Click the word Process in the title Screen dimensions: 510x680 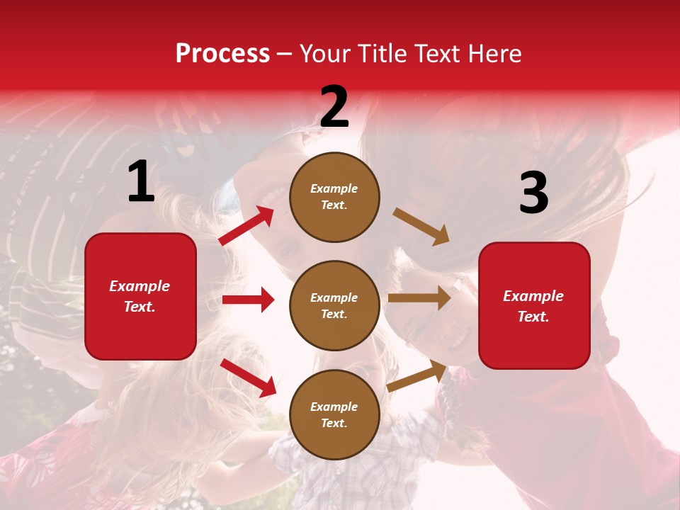222,54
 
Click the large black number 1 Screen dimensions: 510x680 141,182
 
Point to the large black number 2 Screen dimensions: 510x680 334,107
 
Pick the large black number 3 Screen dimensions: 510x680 533,193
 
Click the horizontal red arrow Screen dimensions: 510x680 248,300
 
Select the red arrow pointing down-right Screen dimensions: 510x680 248,377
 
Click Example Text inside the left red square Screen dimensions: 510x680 140,296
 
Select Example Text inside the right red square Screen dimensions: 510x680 533,306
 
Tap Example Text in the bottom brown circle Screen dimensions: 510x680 334,414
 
